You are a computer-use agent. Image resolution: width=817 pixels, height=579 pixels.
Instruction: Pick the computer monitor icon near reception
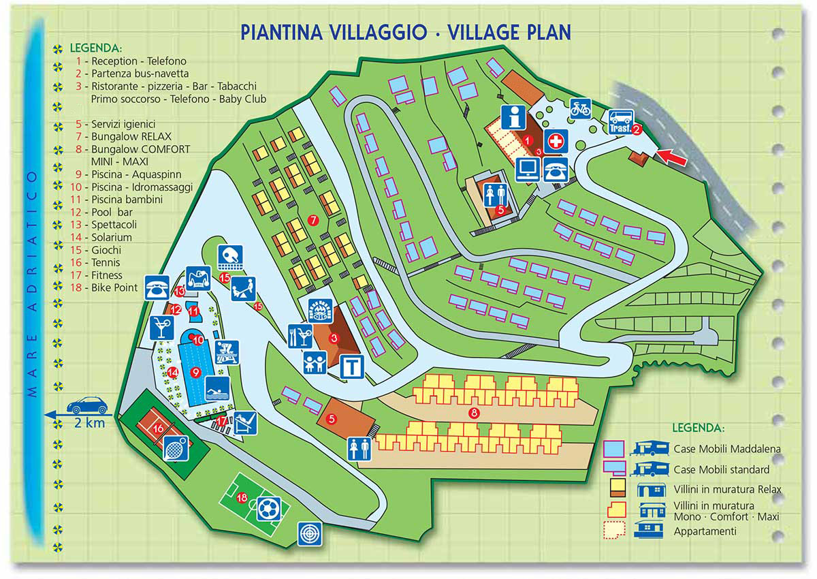(x=528, y=168)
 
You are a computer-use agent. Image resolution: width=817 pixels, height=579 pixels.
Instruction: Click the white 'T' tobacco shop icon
(x=351, y=366)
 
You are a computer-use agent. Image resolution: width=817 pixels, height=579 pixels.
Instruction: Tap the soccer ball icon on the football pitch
(x=268, y=508)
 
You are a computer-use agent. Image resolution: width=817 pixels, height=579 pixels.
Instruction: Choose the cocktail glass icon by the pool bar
(x=161, y=327)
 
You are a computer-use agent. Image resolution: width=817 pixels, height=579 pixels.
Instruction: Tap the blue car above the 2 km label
(x=86, y=406)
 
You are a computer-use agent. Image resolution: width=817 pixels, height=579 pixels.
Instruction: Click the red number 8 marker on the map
(x=475, y=412)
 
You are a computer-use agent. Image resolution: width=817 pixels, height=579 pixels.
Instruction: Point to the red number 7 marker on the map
(x=313, y=220)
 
